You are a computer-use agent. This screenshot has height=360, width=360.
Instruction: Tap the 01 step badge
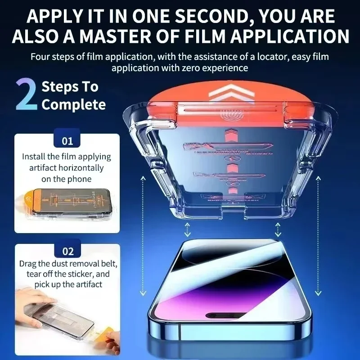tap(67, 141)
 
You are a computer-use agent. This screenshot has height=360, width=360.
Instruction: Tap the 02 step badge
tap(67, 251)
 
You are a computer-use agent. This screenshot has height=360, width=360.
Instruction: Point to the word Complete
tap(74, 105)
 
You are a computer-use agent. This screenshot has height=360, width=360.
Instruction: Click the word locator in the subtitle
tap(259, 57)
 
